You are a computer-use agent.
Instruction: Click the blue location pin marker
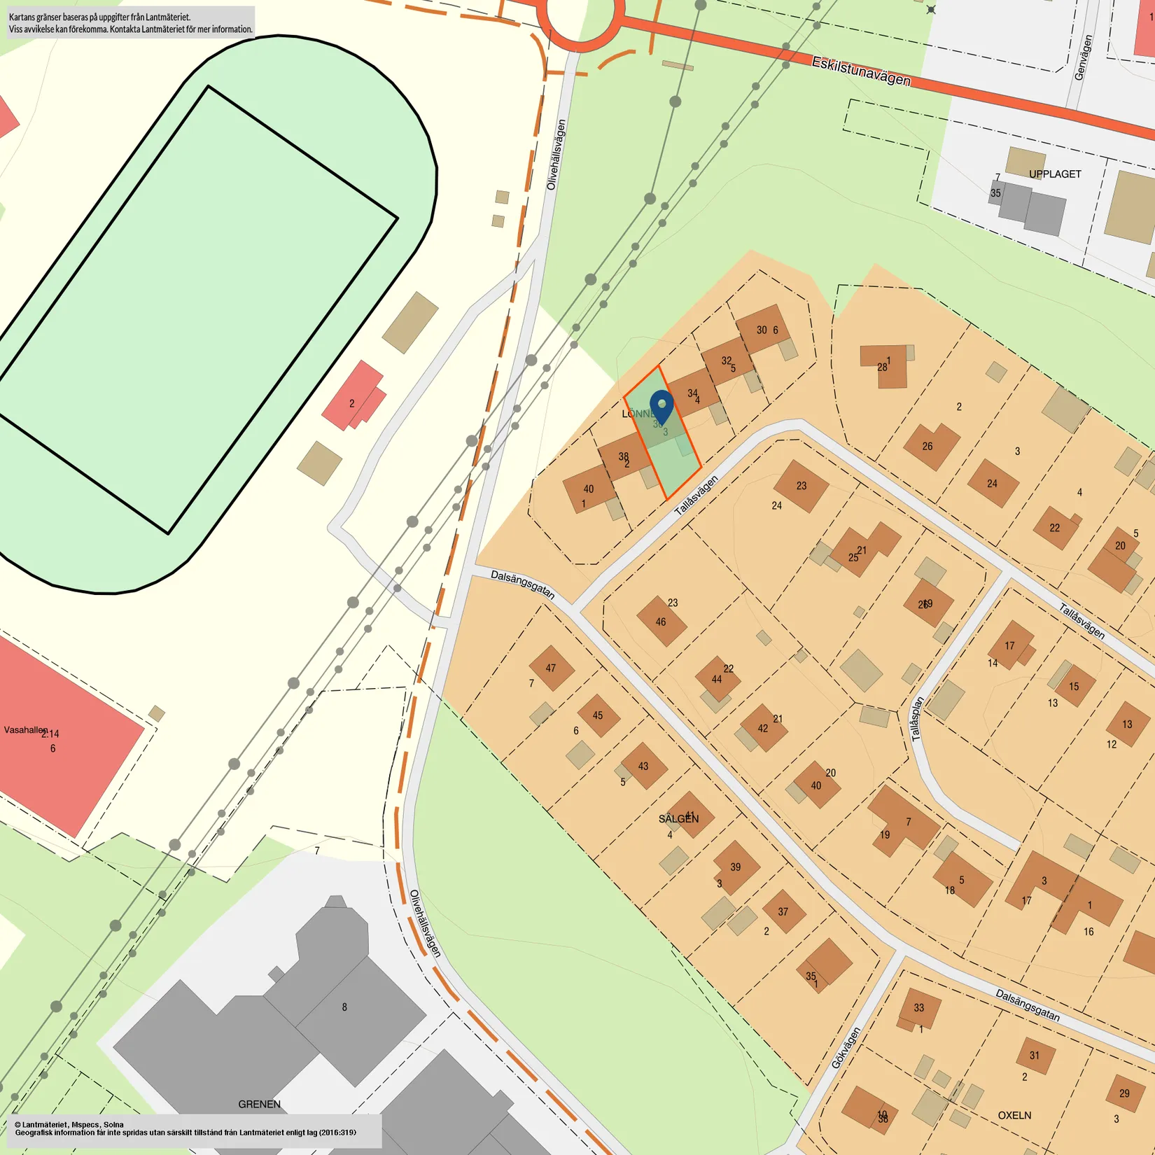point(661,406)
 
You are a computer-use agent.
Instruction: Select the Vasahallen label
point(26,729)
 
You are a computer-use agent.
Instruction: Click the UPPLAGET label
point(1055,174)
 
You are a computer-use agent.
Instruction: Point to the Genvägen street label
point(1083,58)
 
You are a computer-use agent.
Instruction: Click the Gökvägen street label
point(845,1048)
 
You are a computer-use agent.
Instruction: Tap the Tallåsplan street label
point(917,718)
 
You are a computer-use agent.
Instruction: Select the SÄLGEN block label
point(678,819)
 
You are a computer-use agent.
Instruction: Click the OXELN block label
point(1014,1115)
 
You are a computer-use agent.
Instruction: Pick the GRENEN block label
point(259,1104)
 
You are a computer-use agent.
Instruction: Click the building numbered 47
point(552,668)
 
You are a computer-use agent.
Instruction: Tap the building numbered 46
point(661,621)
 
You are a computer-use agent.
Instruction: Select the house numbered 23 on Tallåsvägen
point(801,486)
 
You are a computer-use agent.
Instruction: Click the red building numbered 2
point(353,396)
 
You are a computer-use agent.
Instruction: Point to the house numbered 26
point(930,446)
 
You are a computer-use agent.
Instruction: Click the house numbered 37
point(783,911)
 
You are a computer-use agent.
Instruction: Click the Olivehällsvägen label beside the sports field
point(556,155)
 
